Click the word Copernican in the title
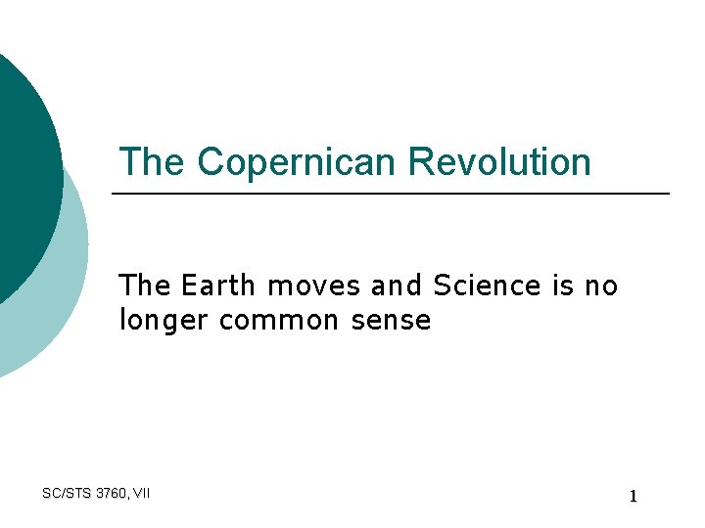click(x=300, y=162)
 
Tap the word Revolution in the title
click(x=500, y=162)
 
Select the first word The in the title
click(x=153, y=162)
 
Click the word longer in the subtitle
click(x=164, y=321)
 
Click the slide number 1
click(x=633, y=497)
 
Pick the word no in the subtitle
click(x=600, y=286)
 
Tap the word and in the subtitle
click(x=396, y=286)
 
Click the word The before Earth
click(x=145, y=286)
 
